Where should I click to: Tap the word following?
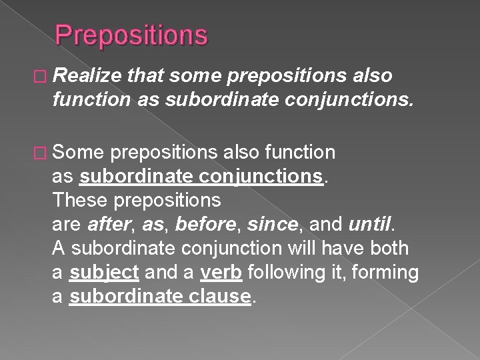coord(275,273)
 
